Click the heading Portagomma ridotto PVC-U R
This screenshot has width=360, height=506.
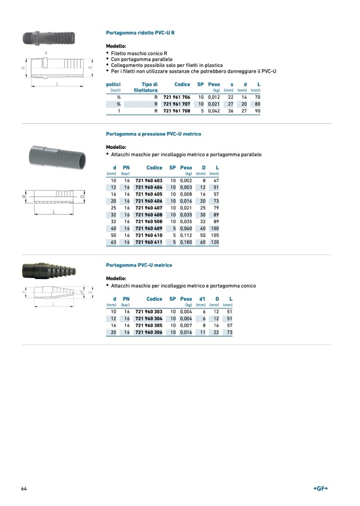tap(140, 33)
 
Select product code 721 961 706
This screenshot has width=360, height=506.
tap(177, 97)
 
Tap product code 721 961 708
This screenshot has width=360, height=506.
tap(177, 111)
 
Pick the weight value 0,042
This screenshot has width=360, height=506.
tap(214, 111)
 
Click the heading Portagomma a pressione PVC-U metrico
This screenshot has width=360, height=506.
tap(153, 134)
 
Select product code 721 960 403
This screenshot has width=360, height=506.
tap(149, 180)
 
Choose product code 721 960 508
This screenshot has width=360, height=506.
tap(149, 221)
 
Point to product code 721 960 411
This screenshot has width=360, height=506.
tap(149, 242)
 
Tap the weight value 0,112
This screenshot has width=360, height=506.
tap(186, 235)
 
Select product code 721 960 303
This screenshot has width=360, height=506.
tap(149, 311)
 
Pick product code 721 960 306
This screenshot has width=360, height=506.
tap(149, 332)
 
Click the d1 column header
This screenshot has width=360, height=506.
tap(202, 299)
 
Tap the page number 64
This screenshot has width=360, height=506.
tap(24, 488)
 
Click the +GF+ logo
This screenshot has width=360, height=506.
tap(320, 488)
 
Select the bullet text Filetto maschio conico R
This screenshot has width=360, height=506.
tap(139, 53)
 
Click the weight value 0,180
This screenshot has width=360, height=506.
tap(186, 242)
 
